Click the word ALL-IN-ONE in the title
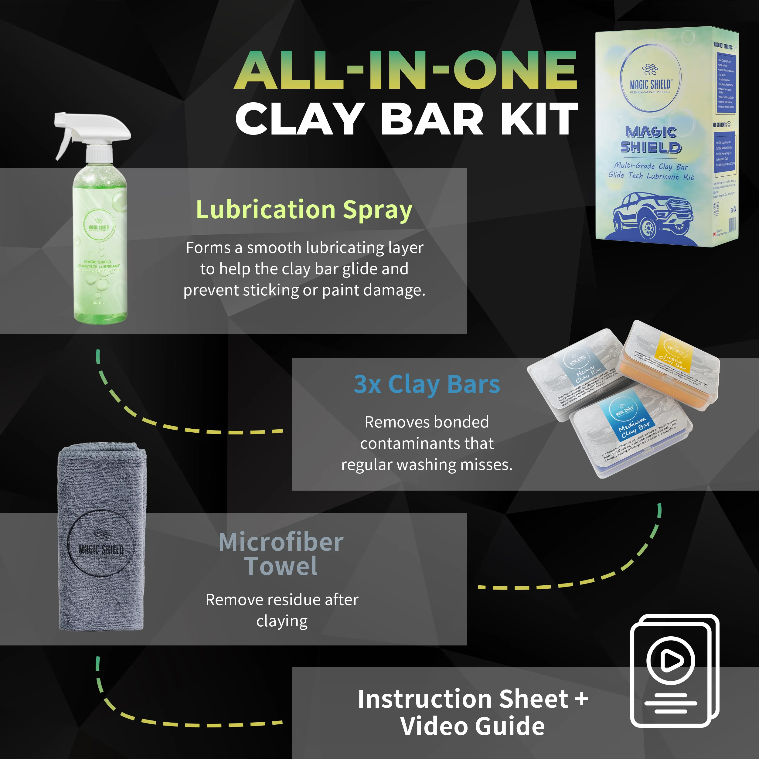[x=405, y=71]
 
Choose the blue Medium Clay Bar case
[x=632, y=432]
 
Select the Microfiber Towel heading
[x=281, y=554]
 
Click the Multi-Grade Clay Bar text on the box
[x=651, y=166]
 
